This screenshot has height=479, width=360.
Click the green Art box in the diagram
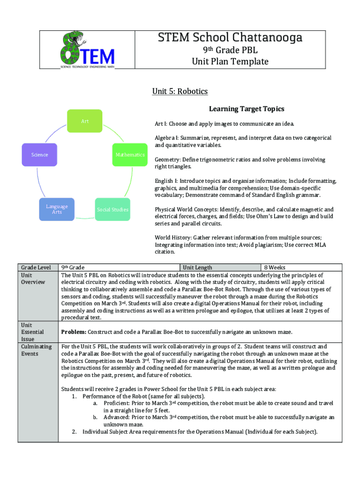coord(85,121)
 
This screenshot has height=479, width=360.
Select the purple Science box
coord(40,154)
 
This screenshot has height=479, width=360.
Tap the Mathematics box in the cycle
coord(130,154)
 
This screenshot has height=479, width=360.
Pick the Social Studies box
coord(112,210)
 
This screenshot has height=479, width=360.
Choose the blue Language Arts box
coord(57,209)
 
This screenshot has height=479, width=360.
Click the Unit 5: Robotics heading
coord(180,91)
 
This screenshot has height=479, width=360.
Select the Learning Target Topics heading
coord(246,109)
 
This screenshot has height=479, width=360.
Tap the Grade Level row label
coord(36,268)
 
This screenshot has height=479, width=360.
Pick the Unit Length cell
coord(197,268)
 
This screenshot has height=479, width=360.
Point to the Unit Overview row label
coord(33,278)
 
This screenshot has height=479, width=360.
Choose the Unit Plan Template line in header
coord(230,62)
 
